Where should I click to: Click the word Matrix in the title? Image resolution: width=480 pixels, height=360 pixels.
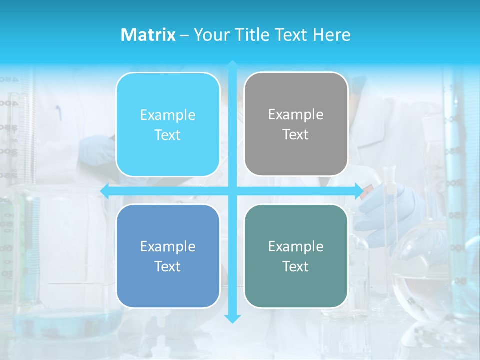(x=148, y=35)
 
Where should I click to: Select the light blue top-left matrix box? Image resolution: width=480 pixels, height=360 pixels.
(x=168, y=124)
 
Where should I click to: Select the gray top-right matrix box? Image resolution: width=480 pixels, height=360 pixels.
(x=296, y=124)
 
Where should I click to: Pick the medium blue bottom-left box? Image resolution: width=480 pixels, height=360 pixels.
(x=168, y=256)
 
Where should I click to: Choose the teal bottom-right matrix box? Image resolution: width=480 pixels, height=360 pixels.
(x=296, y=256)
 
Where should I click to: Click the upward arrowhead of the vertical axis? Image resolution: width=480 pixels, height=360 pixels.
(x=232, y=65)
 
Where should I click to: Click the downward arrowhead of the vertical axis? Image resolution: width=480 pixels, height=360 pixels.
(x=232, y=319)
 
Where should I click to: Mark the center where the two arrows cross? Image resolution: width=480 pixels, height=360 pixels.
(x=232, y=191)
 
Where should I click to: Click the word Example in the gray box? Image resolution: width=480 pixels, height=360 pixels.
(x=296, y=114)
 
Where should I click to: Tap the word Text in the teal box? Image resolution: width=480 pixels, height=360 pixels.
(x=296, y=266)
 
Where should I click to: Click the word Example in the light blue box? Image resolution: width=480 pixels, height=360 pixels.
(x=168, y=115)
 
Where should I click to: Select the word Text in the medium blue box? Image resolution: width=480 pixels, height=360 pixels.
(x=168, y=266)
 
